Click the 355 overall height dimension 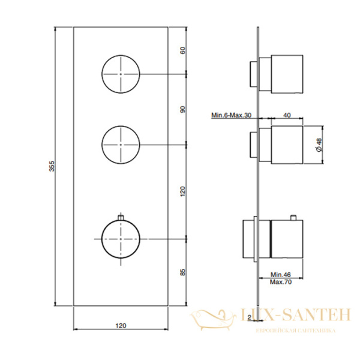coord(52,166)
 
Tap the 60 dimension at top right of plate coord(183,50)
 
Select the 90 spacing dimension coord(183,109)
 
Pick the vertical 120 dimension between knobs coord(183,191)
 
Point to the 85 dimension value coord(183,272)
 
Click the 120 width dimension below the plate coord(121,326)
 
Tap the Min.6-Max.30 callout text coord(231,115)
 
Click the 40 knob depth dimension coord(287,115)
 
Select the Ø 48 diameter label coord(319,145)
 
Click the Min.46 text coord(281,274)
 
